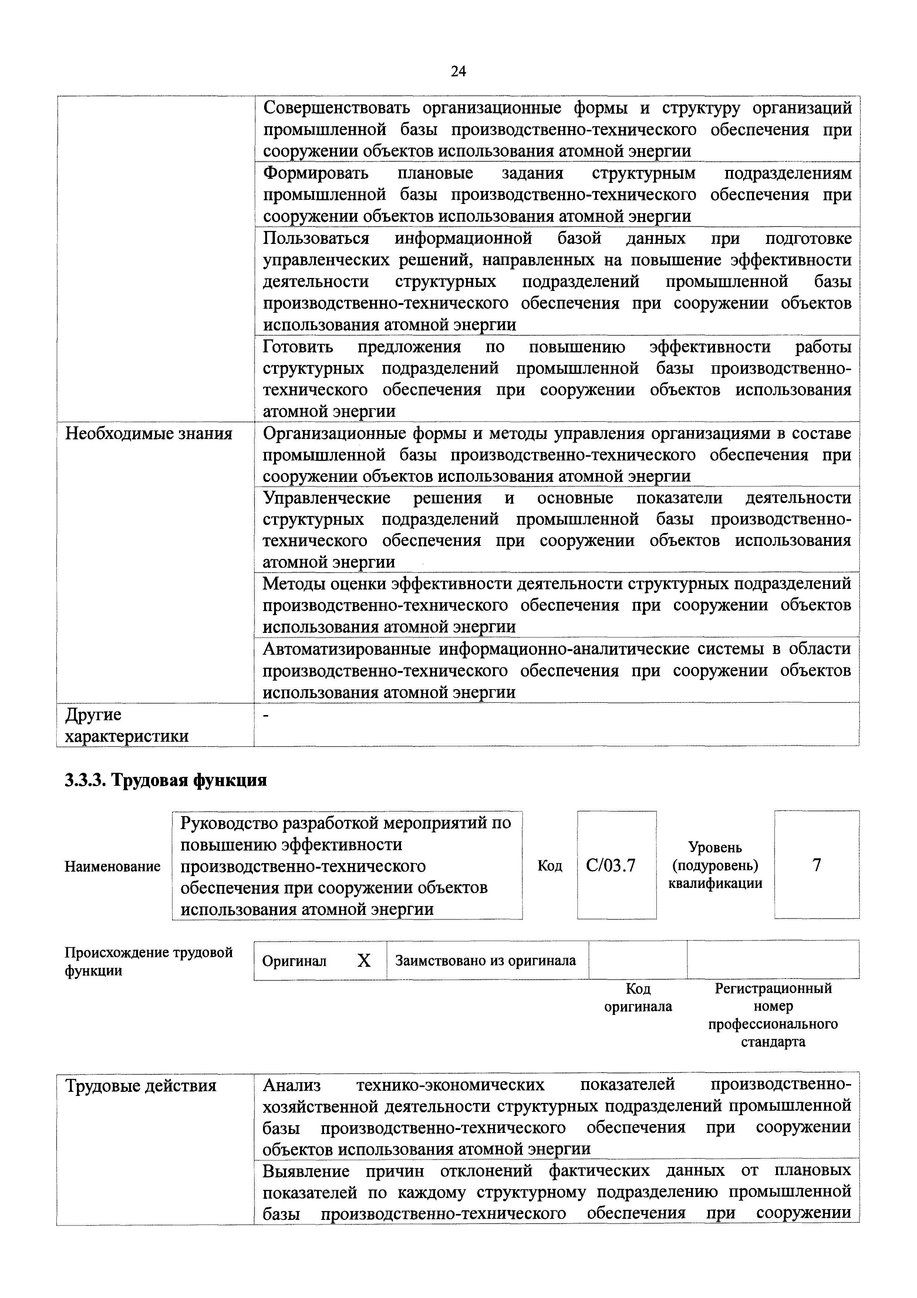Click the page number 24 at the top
[458, 71]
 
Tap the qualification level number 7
[816, 865]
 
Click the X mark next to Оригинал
[364, 960]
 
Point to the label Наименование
[112, 867]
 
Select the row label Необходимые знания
[149, 434]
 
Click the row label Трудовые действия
[141, 1086]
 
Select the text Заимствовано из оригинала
[485, 960]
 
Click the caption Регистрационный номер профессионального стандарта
[773, 1015]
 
